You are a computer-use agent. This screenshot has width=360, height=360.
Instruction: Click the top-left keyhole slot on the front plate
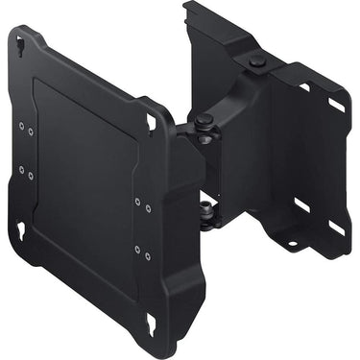coord(21,41)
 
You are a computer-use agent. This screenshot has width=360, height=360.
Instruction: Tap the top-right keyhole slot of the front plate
coord(151,122)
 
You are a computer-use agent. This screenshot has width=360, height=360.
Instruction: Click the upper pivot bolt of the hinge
coord(204,121)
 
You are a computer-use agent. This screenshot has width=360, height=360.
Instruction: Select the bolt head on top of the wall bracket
coord(255,61)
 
